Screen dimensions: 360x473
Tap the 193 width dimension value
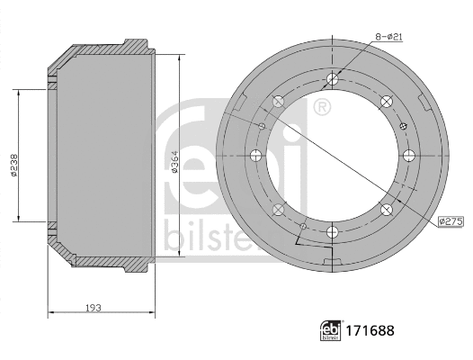point(94,307)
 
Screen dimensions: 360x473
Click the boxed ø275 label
point(450,220)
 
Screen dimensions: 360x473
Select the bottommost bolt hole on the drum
point(332,233)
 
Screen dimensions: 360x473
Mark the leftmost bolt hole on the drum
point(254,157)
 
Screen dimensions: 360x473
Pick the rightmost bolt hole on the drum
point(409,157)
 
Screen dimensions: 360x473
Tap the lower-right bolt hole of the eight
point(387,211)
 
